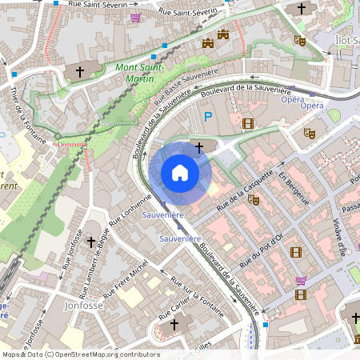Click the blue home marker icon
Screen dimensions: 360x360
coord(180,172)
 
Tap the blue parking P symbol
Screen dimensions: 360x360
coord(208,118)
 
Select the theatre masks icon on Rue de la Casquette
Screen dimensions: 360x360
coord(254,199)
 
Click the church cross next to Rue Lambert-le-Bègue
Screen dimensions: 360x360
coord(90,241)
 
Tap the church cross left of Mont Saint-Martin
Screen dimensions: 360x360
coord(79,71)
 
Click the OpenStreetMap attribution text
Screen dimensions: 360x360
coord(80,354)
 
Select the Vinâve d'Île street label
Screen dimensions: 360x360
coord(342,238)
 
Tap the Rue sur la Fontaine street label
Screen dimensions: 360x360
coord(191,295)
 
